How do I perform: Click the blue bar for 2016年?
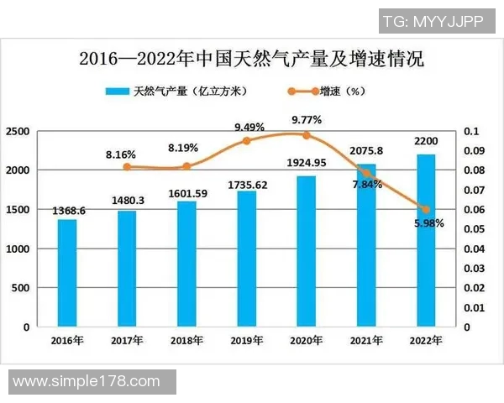point(67,273)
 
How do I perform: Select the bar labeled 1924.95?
point(307,251)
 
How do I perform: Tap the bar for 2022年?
point(427,240)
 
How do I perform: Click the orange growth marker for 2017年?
point(127,166)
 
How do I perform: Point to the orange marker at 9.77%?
point(307,135)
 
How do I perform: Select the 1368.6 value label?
point(67,211)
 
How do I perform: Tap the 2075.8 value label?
point(367,151)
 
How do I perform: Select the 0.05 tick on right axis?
point(475,229)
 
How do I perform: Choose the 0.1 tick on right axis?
point(470,132)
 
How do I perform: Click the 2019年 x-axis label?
point(246,340)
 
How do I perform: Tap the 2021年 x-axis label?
point(366,340)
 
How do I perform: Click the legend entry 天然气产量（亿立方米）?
point(176,91)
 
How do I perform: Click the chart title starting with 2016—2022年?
point(251,60)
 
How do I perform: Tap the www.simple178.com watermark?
point(87,381)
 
